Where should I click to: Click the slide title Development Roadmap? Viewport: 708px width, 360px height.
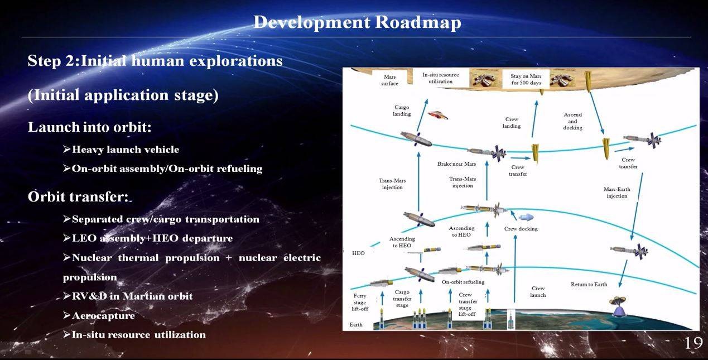pos(357,23)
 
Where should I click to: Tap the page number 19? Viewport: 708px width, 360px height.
pos(694,343)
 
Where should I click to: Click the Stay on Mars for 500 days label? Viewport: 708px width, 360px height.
pos(526,79)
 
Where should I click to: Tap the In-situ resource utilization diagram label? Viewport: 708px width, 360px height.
pos(441,78)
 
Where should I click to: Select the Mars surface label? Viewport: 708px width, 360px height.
pos(390,80)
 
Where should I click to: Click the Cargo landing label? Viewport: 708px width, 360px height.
pos(402,111)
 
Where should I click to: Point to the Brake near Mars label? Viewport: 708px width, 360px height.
pos(456,164)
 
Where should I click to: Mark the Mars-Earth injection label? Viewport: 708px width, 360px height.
pos(617,193)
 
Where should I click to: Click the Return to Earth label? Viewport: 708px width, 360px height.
pos(589,284)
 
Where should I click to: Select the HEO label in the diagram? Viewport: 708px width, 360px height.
pos(358,253)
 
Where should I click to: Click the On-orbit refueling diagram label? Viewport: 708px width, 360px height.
pos(463,282)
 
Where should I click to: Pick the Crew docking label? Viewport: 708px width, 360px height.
pos(521,228)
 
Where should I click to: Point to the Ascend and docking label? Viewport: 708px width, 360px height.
pos(573,121)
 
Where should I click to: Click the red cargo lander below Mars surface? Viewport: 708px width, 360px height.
pos(438,116)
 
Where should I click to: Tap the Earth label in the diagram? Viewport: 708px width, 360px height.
pos(356,324)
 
